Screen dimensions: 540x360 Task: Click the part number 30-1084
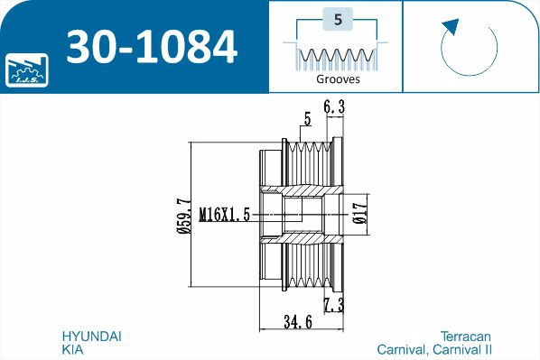tap(152, 47)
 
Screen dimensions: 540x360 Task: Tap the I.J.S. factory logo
tap(27, 69)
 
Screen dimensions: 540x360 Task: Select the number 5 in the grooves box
tap(338, 19)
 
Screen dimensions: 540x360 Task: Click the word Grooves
tap(338, 79)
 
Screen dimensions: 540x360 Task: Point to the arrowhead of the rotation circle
tap(451, 26)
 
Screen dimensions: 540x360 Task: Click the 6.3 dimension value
tap(334, 106)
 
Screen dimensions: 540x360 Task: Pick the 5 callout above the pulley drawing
tap(307, 119)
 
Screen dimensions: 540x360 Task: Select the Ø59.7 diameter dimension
tap(183, 216)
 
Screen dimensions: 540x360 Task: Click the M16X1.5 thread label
tap(225, 215)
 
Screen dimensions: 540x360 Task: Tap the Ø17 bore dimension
tap(360, 213)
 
